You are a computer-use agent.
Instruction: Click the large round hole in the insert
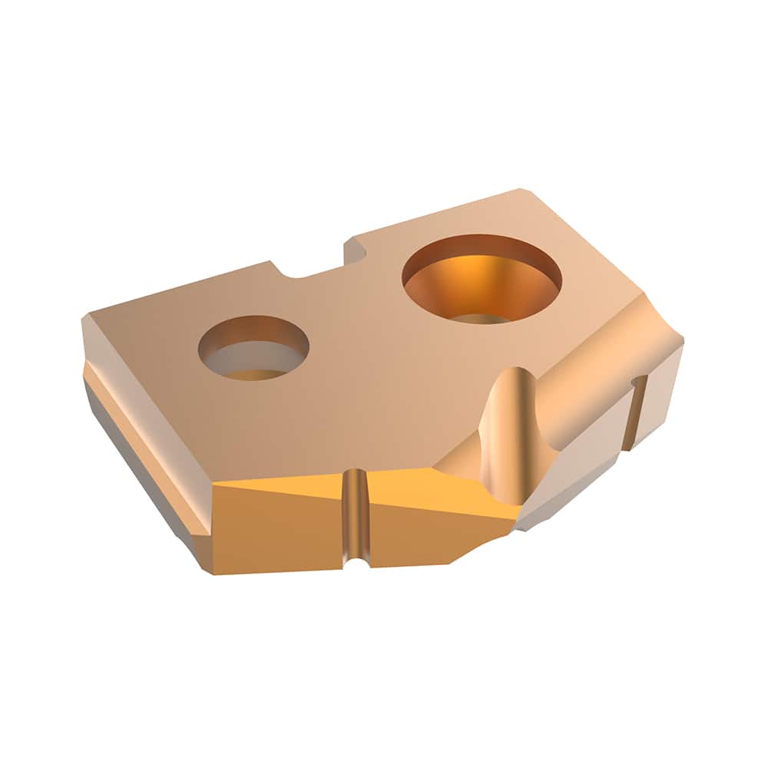coord(482,278)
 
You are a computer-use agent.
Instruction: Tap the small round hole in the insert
coord(253,347)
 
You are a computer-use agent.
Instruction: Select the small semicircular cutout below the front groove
coord(356,563)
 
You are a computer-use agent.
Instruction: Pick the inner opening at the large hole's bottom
coord(480,318)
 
